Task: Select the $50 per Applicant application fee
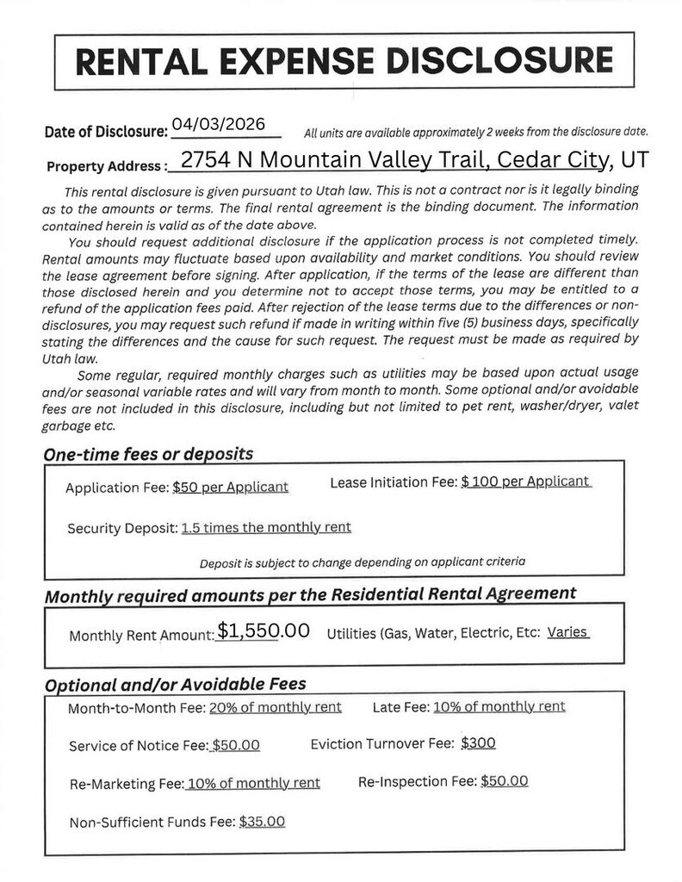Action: point(230,487)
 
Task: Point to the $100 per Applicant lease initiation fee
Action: point(525,482)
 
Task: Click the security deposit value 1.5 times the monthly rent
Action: point(266,527)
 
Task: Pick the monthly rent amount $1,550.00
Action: point(263,631)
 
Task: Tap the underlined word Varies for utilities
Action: point(567,632)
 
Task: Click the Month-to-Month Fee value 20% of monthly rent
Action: point(275,707)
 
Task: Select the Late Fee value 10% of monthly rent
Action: point(499,706)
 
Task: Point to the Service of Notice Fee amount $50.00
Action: point(236,745)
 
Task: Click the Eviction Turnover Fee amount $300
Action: point(478,742)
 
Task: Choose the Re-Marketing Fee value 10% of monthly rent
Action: point(253,783)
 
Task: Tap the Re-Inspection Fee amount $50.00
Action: point(504,781)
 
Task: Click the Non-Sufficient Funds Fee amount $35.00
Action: point(262,821)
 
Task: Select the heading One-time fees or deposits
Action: point(147,453)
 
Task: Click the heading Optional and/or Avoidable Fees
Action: point(175,685)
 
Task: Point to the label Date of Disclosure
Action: point(105,132)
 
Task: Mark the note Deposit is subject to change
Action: point(363,562)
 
